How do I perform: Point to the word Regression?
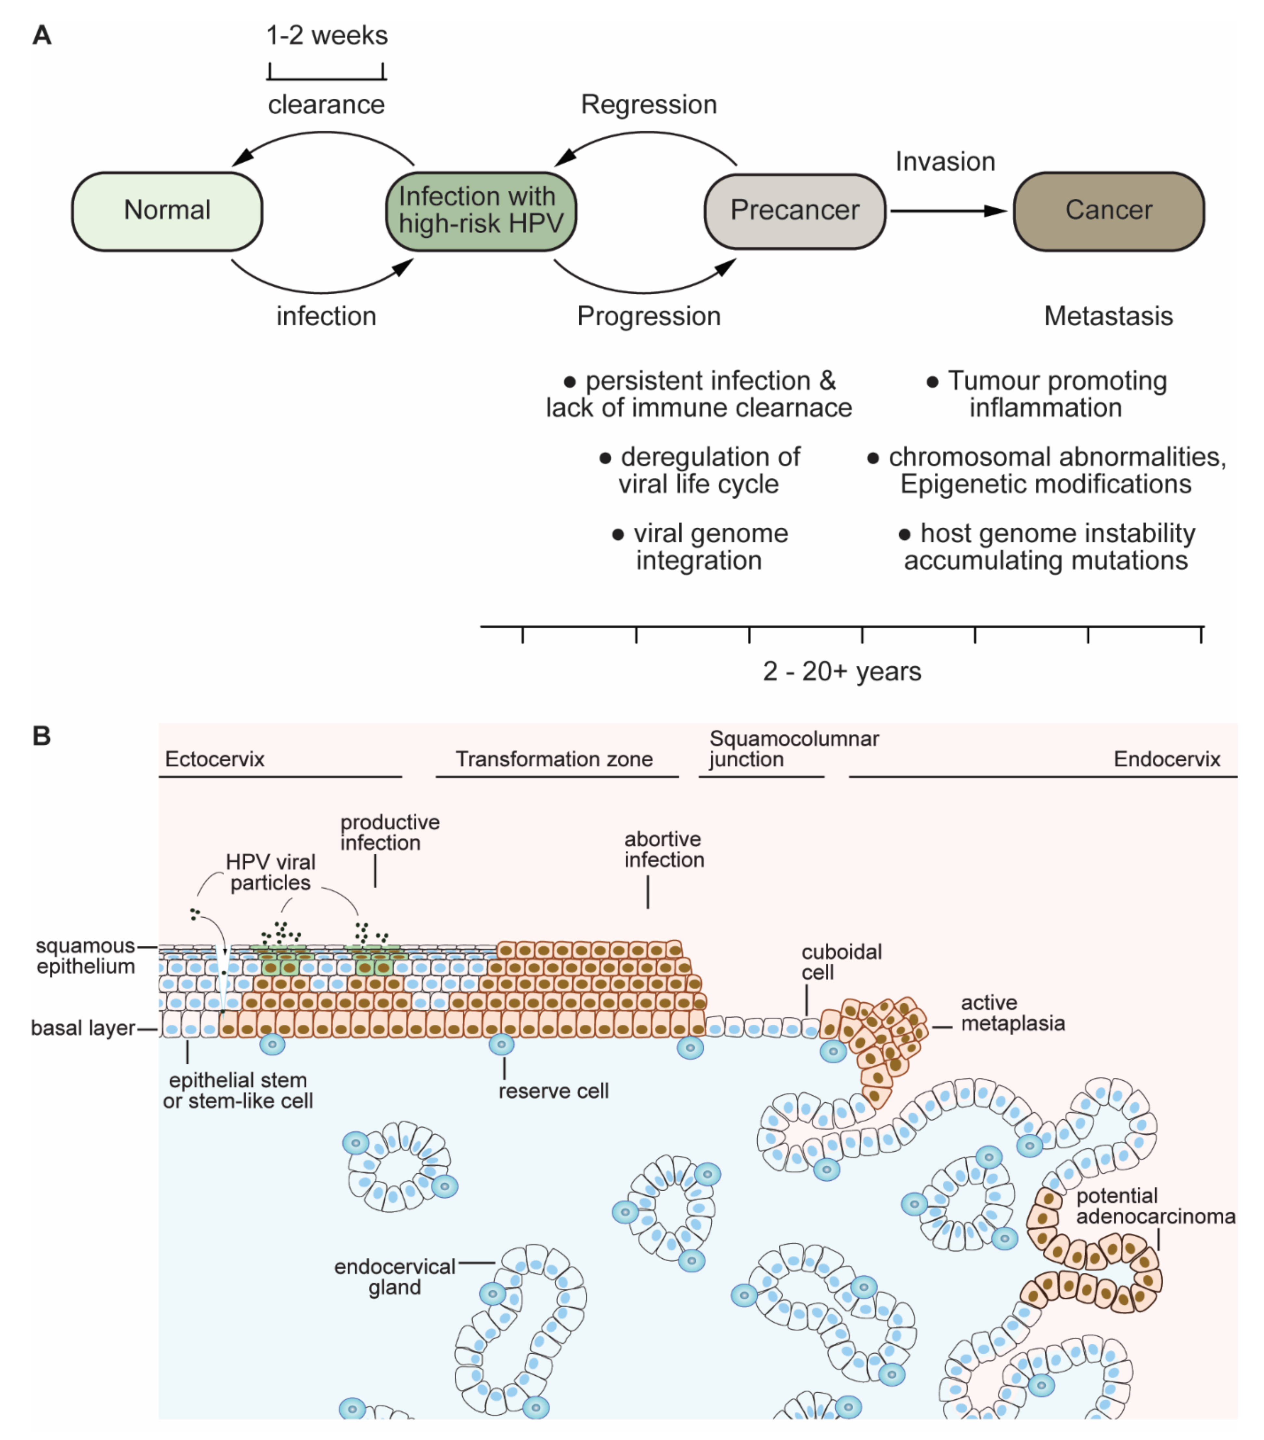[649, 104]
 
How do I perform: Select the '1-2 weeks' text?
[327, 35]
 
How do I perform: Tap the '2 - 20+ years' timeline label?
[842, 671]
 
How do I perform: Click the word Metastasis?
[1108, 315]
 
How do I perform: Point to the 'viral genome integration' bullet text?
[700, 547]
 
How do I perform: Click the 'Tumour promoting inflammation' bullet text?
[1046, 394]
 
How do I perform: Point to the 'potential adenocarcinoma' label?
[1155, 1206]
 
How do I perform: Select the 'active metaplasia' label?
[1012, 1013]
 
